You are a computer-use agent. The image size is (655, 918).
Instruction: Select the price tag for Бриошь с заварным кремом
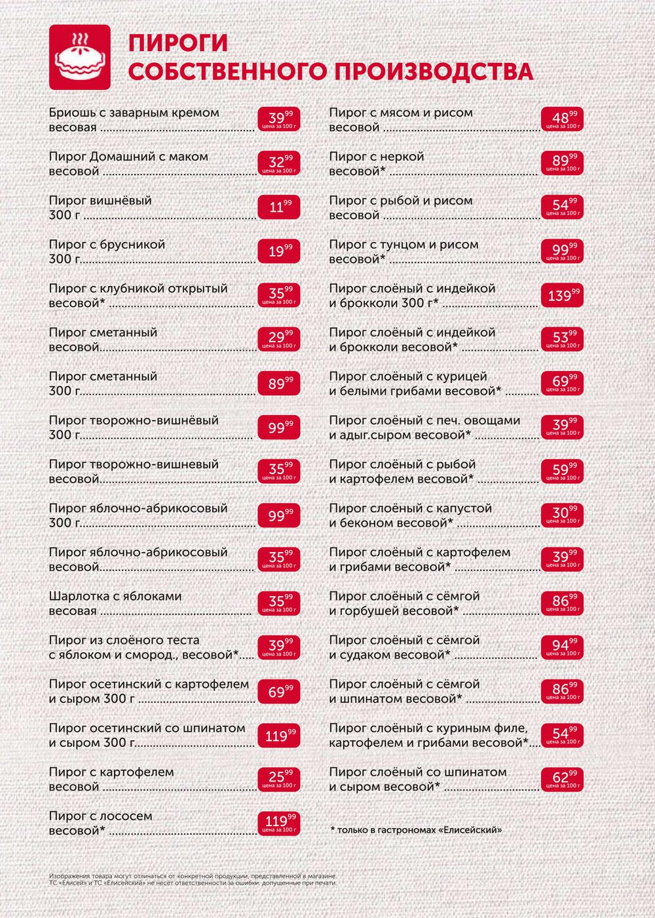tap(279, 119)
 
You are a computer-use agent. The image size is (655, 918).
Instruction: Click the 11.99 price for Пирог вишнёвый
tap(279, 207)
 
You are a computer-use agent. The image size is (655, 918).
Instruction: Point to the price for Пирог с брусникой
tap(279, 251)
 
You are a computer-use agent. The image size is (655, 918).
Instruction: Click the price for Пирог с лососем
tap(279, 823)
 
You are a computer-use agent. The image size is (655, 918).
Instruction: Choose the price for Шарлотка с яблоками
tap(279, 603)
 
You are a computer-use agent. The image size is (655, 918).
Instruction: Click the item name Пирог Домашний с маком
tap(128, 157)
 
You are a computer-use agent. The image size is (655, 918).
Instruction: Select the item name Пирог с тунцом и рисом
tap(403, 245)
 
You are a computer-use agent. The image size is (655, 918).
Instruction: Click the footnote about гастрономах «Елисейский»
tap(417, 830)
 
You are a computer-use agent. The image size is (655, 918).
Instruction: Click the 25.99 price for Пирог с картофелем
tap(279, 779)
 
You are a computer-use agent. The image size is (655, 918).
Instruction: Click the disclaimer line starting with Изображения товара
tap(193, 876)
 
